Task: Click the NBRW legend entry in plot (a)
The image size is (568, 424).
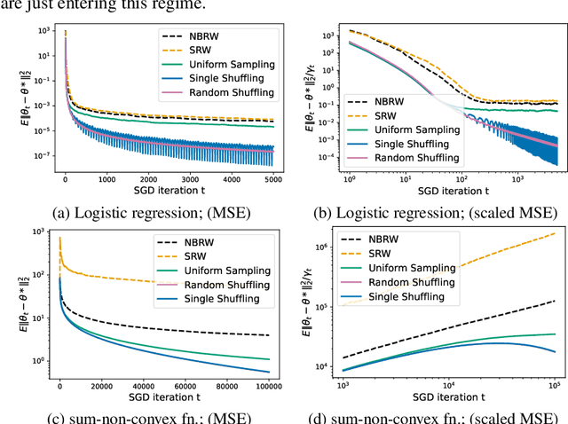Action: click(x=213, y=36)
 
